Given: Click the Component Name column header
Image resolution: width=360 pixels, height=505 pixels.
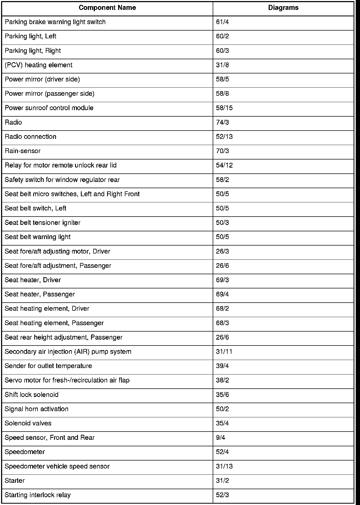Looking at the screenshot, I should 107,8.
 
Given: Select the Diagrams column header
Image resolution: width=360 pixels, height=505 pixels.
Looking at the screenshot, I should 283,8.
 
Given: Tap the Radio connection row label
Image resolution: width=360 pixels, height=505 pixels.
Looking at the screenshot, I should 31,137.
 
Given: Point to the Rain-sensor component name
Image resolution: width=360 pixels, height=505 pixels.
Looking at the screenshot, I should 22,151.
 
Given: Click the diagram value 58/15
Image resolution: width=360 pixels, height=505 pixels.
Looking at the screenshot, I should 224,108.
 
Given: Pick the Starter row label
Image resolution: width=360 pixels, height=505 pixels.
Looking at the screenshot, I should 15,481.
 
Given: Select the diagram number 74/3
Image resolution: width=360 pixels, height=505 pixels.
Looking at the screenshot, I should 222,122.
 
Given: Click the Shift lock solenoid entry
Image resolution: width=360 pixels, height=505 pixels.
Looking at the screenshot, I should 32,395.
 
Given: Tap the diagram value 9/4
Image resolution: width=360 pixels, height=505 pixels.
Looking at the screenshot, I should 220,438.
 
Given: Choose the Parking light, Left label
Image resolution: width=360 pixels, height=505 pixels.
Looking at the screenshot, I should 31,36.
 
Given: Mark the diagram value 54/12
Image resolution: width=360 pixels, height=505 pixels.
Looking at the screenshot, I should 224,165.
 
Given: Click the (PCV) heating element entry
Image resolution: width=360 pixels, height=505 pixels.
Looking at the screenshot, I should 39,65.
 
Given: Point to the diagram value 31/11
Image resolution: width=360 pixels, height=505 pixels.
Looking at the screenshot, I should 224,352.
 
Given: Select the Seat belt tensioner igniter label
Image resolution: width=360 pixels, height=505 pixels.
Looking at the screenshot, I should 43,223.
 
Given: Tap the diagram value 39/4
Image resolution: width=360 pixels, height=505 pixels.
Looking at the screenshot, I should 222,366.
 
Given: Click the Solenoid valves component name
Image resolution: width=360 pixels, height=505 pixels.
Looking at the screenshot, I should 28,424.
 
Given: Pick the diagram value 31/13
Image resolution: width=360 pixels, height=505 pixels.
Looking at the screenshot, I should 224,466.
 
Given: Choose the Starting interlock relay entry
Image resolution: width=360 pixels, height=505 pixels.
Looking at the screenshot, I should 38,495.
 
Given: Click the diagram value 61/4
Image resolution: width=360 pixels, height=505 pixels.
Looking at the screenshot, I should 222,22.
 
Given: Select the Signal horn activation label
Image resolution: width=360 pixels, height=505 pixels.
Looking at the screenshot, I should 37,409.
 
